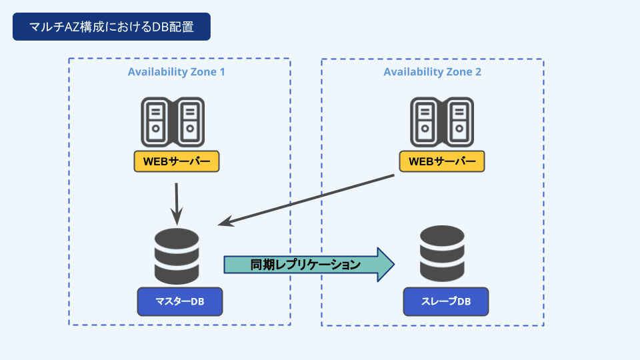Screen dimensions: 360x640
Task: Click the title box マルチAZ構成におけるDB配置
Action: (111, 27)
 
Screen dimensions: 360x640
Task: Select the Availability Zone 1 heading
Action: (176, 72)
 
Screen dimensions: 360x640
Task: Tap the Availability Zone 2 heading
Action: (432, 72)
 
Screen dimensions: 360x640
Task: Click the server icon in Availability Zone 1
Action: (173, 122)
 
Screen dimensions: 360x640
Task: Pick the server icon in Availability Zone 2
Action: (441, 122)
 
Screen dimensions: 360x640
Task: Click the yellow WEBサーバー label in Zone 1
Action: (177, 161)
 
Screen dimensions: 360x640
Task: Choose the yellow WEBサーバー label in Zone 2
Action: (441, 161)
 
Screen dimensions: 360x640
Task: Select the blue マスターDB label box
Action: (179, 302)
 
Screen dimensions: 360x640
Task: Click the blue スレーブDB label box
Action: (446, 301)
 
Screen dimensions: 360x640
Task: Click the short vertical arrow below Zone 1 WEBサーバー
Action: (177, 203)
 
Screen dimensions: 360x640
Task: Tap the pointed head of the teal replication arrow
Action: (385, 265)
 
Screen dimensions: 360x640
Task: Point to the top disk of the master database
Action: (177, 238)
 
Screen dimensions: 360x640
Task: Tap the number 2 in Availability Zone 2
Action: (478, 72)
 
